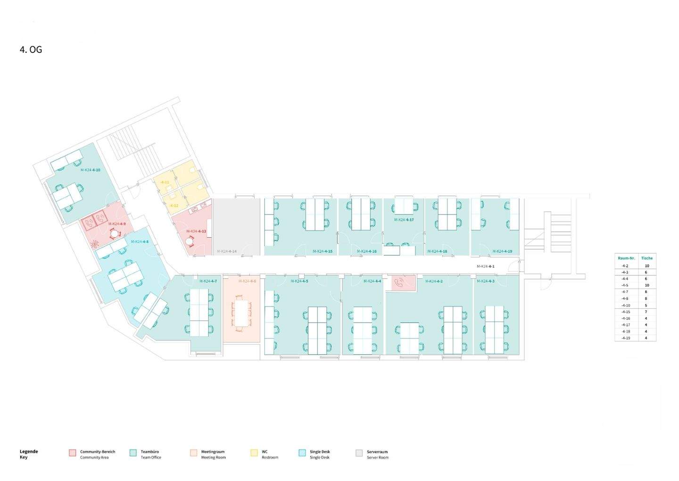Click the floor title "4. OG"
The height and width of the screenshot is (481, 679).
pyautogui.click(x=31, y=50)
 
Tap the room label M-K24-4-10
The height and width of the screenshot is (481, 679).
pyautogui.click(x=90, y=170)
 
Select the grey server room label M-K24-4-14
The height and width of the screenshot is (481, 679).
pyautogui.click(x=226, y=251)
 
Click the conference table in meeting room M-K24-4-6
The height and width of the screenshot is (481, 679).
pyautogui.click(x=241, y=313)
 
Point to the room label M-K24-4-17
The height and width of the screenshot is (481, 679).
pyautogui.click(x=404, y=220)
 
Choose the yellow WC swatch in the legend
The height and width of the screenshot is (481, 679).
pyautogui.click(x=254, y=453)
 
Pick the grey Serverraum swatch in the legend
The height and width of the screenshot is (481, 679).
pyautogui.click(x=359, y=453)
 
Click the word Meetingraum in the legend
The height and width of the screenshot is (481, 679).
pyautogui.click(x=213, y=452)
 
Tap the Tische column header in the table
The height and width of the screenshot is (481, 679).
pyautogui.click(x=647, y=258)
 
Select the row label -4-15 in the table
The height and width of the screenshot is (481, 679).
pyautogui.click(x=625, y=312)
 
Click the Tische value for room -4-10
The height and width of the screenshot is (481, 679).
pyautogui.click(x=647, y=305)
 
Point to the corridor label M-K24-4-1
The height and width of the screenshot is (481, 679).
pyautogui.click(x=485, y=266)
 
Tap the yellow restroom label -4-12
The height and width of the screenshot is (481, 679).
pyautogui.click(x=174, y=206)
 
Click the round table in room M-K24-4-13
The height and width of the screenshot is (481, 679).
pyautogui.click(x=190, y=241)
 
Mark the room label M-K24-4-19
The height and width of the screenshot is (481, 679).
pyautogui.click(x=502, y=251)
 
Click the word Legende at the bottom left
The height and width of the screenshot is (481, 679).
pyautogui.click(x=29, y=451)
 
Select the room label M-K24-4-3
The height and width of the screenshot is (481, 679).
pyautogui.click(x=485, y=281)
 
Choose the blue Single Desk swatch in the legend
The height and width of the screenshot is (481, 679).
pyautogui.click(x=302, y=453)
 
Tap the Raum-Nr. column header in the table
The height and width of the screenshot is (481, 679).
pyautogui.click(x=626, y=258)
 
